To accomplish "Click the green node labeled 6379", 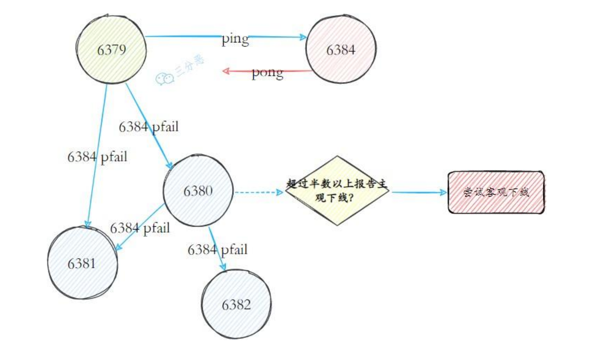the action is click(111, 50).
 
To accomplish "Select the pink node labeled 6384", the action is click(341, 50).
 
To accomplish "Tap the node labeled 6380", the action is click(198, 191).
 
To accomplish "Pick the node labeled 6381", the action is click(82, 263).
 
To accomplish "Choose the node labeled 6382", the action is click(236, 304).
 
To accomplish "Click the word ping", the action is click(235, 39).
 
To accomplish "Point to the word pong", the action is click(267, 73).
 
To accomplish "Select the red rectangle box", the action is click(496, 192).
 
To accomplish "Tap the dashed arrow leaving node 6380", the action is click(258, 193).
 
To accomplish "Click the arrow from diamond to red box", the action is click(418, 193).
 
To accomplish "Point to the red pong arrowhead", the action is click(226, 71).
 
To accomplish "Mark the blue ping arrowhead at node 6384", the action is click(303, 37).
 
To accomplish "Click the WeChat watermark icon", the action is click(164, 79).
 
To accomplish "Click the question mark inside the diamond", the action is click(351, 198).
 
